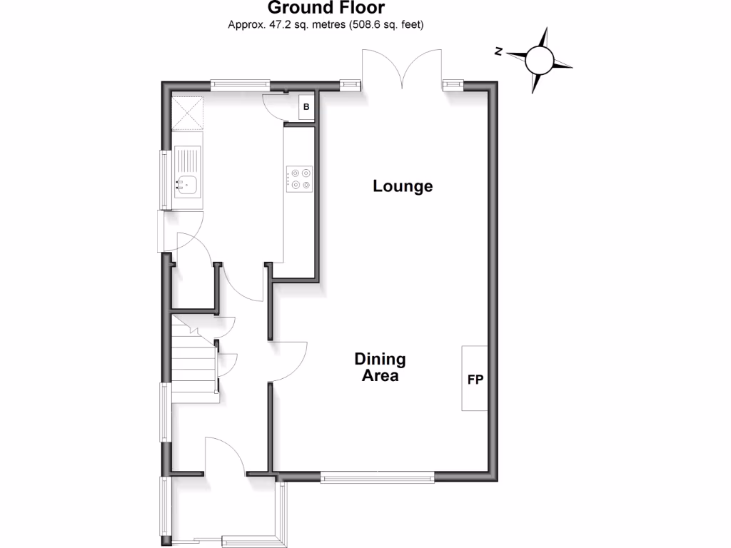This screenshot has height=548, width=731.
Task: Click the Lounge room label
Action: [403, 186]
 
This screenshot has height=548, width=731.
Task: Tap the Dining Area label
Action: [380, 367]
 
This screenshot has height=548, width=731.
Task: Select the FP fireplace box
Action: [475, 377]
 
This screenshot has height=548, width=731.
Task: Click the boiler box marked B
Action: [306, 107]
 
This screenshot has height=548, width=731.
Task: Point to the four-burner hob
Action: [300, 178]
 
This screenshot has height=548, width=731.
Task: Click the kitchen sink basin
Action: [186, 186]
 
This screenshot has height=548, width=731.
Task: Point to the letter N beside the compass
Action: [500, 51]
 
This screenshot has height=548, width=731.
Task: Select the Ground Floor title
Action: [326, 9]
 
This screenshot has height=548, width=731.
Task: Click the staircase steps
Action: [194, 357]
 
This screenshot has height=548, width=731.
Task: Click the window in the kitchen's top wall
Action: [240, 84]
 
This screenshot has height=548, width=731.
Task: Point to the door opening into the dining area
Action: [289, 360]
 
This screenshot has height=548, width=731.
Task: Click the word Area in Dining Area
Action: [380, 376]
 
